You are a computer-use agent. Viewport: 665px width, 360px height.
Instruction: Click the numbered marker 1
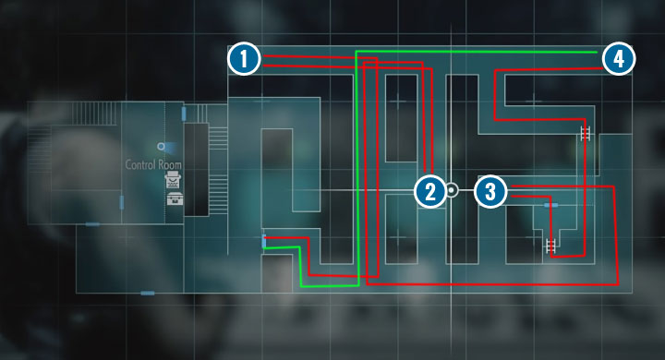coord(243,59)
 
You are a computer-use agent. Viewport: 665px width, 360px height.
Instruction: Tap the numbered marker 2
coord(429,192)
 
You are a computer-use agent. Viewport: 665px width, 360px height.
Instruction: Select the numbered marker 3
coord(491,192)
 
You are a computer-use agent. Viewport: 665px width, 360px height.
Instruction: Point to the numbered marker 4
coord(619,59)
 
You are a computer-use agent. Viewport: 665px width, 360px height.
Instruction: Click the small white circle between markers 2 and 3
coord(452,191)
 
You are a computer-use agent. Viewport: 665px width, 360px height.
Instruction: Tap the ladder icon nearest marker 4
coord(586,135)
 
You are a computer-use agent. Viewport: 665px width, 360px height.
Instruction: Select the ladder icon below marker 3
coord(551,246)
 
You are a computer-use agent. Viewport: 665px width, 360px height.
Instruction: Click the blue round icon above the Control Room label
coord(162,146)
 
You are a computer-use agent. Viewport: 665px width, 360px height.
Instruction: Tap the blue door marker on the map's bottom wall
coord(148,293)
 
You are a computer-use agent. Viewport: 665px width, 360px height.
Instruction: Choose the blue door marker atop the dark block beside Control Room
coord(185,113)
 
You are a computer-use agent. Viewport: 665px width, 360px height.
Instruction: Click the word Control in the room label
coord(144,165)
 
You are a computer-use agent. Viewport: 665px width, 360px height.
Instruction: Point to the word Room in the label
coord(171,165)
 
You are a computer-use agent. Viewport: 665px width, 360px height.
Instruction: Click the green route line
coord(357,166)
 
